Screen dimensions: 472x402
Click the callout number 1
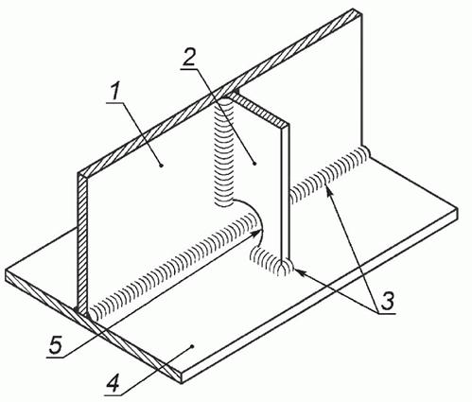point(114,93)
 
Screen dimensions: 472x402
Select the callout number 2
point(189,58)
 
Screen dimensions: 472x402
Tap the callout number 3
point(387,301)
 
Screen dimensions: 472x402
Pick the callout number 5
point(56,346)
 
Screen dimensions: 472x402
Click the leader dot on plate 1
point(162,165)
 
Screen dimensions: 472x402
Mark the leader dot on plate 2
point(254,163)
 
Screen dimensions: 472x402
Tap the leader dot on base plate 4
point(192,346)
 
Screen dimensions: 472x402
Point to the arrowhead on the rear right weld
point(328,190)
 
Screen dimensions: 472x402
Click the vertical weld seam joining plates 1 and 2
point(223,152)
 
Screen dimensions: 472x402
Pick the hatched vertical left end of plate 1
point(82,244)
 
